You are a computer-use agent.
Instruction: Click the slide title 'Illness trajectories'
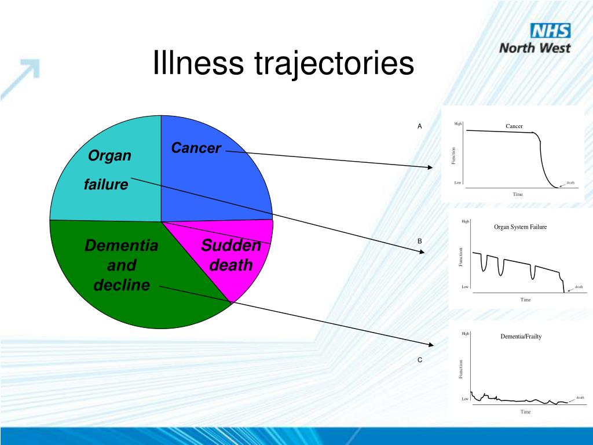pos(283,64)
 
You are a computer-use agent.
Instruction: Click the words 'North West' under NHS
pos(535,48)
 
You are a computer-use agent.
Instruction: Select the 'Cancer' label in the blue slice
pos(196,148)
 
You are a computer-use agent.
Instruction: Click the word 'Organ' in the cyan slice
pos(109,156)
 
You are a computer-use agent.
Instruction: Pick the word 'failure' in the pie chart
pos(106,185)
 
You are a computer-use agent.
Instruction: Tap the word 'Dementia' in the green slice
pos(121,246)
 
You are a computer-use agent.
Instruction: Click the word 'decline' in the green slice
pos(121,285)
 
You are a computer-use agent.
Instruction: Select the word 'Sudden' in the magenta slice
pos(231,246)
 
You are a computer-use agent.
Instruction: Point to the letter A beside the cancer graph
pos(420,126)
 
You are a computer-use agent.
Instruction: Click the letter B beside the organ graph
pos(420,241)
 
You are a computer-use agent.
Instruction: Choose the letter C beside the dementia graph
pos(420,360)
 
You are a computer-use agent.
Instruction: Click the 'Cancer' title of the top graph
pos(514,126)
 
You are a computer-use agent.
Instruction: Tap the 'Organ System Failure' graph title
pos(520,227)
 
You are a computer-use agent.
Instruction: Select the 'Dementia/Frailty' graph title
pos(521,337)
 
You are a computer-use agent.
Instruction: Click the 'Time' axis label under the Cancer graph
pos(517,194)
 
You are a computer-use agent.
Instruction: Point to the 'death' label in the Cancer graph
pos(570,183)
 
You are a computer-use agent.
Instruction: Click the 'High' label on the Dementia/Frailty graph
pos(466,334)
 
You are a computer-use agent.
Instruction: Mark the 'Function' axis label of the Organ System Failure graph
pos(461,257)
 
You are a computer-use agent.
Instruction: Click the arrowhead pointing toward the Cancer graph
pos(430,167)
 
